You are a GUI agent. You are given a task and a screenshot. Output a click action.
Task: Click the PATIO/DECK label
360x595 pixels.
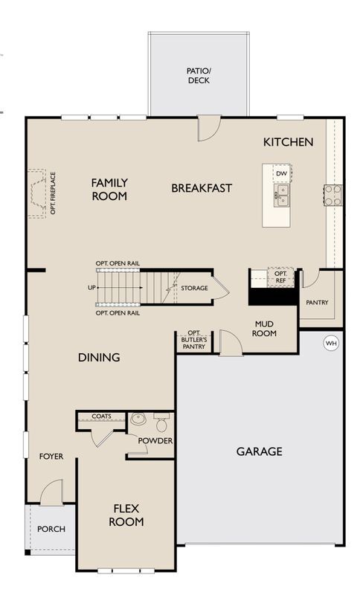(197, 75)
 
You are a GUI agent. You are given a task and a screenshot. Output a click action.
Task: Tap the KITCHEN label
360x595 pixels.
(288, 142)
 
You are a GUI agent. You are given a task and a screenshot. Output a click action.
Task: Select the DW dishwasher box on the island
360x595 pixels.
(281, 174)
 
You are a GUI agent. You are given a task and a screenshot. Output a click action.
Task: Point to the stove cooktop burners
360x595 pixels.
(332, 195)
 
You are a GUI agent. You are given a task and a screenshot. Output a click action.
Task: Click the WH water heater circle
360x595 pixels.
(330, 343)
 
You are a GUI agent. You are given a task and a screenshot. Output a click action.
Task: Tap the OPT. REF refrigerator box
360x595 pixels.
(280, 277)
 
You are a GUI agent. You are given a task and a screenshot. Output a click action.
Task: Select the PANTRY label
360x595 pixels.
(317, 303)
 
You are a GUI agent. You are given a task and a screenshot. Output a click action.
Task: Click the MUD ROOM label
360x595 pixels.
(266, 329)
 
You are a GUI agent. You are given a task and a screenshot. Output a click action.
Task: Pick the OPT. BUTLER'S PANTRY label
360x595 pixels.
(195, 341)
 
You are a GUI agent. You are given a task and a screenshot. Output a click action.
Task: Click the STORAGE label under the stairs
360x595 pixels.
(194, 287)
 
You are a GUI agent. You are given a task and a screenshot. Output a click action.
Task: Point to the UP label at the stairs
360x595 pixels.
(91, 287)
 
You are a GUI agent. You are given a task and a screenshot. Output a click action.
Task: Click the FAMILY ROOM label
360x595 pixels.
(109, 189)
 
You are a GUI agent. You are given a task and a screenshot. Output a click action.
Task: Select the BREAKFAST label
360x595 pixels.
(202, 188)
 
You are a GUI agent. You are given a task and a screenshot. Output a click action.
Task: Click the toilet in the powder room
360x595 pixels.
(161, 424)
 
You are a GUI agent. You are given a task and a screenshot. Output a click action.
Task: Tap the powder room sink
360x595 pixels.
(138, 420)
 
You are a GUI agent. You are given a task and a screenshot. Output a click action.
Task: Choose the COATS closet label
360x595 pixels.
(101, 416)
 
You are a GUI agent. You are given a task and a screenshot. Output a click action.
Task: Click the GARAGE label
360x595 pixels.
(259, 451)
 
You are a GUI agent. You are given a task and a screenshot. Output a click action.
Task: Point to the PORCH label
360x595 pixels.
(51, 530)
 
